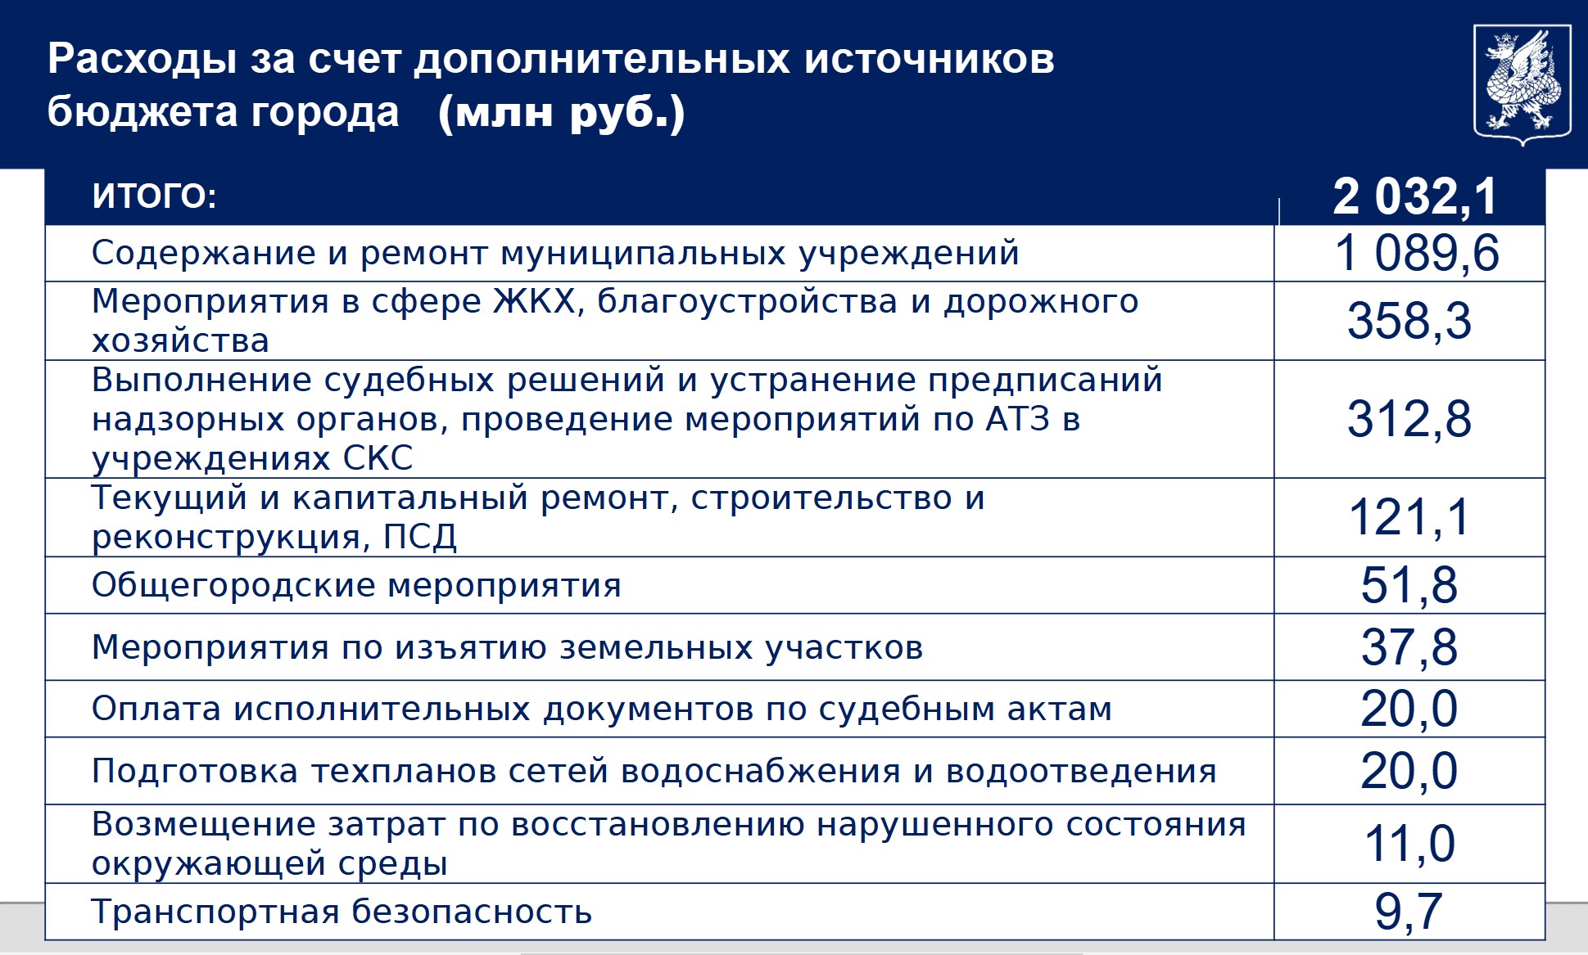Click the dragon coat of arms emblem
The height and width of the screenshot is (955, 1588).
coord(1522,84)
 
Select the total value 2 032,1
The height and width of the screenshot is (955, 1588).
coord(1414,197)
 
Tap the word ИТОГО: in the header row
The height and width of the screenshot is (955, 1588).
coord(154,196)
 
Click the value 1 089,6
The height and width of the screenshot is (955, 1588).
coord(1417,253)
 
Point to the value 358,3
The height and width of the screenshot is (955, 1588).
coord(1409,321)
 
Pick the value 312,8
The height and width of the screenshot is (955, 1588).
coord(1409,419)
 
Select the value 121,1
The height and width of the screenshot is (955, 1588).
coord(1409,517)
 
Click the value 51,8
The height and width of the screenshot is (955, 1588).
coord(1409,585)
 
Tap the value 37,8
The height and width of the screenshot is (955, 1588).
coord(1409,647)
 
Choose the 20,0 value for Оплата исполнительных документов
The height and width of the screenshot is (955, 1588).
coord(1409,709)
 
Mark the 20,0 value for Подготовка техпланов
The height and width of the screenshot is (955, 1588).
coord(1409,771)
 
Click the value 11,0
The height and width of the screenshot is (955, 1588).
coord(1409,844)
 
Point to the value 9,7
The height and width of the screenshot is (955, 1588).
coord(1409,912)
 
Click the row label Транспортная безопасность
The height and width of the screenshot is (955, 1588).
coord(342,912)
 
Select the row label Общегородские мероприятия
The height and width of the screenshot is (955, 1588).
coord(356,586)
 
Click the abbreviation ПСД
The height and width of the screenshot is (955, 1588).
coord(420,537)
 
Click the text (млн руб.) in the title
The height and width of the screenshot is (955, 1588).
coord(562,113)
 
